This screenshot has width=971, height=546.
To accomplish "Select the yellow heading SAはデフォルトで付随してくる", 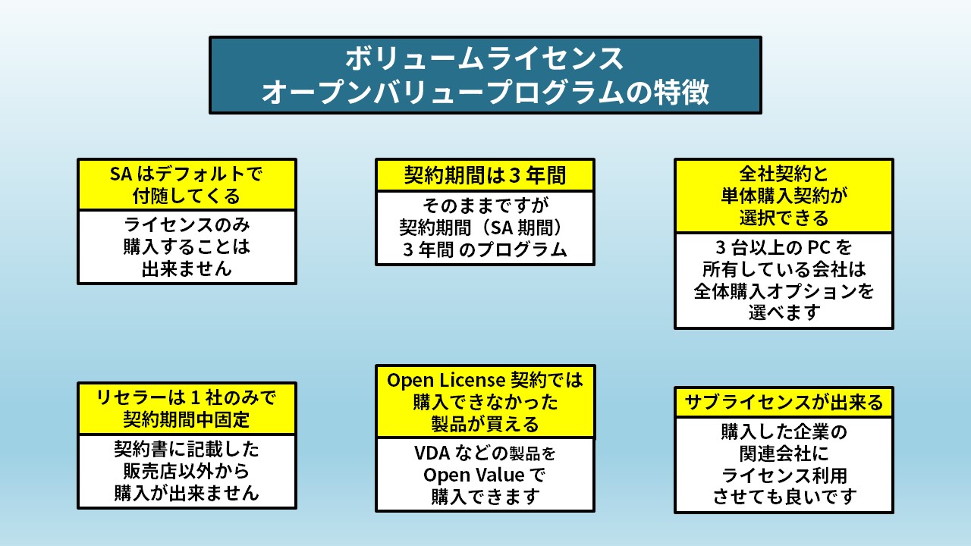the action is point(187,185).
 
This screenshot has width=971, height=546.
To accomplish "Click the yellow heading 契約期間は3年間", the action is point(485,176).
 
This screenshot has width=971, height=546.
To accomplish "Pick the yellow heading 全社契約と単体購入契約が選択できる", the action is point(784,196).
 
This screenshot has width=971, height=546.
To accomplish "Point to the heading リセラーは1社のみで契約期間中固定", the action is point(187,408).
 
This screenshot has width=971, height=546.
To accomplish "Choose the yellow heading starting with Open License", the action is point(485,402).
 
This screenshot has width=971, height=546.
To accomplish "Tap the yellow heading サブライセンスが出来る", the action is point(784,403).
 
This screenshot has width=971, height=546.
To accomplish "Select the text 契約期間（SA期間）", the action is point(485,227).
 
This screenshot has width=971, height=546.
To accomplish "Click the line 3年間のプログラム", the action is point(485,250).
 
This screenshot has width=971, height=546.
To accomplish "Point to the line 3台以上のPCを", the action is point(784,248).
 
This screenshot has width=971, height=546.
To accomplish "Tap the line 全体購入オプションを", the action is point(784,291).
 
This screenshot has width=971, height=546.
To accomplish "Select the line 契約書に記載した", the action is point(187,450).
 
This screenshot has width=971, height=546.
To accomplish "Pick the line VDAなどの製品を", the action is point(485,454).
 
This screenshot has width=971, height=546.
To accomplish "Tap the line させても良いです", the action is point(784,497).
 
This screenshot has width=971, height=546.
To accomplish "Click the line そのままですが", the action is point(485,206).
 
